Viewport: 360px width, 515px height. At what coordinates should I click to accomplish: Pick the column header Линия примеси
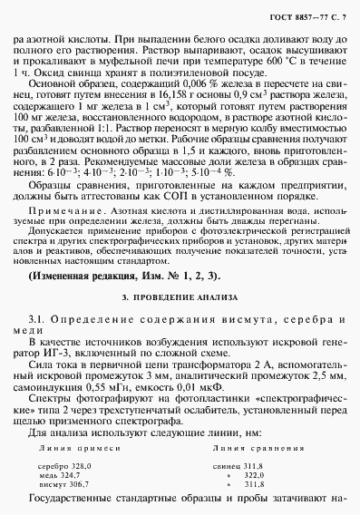[x=73, y=447]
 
